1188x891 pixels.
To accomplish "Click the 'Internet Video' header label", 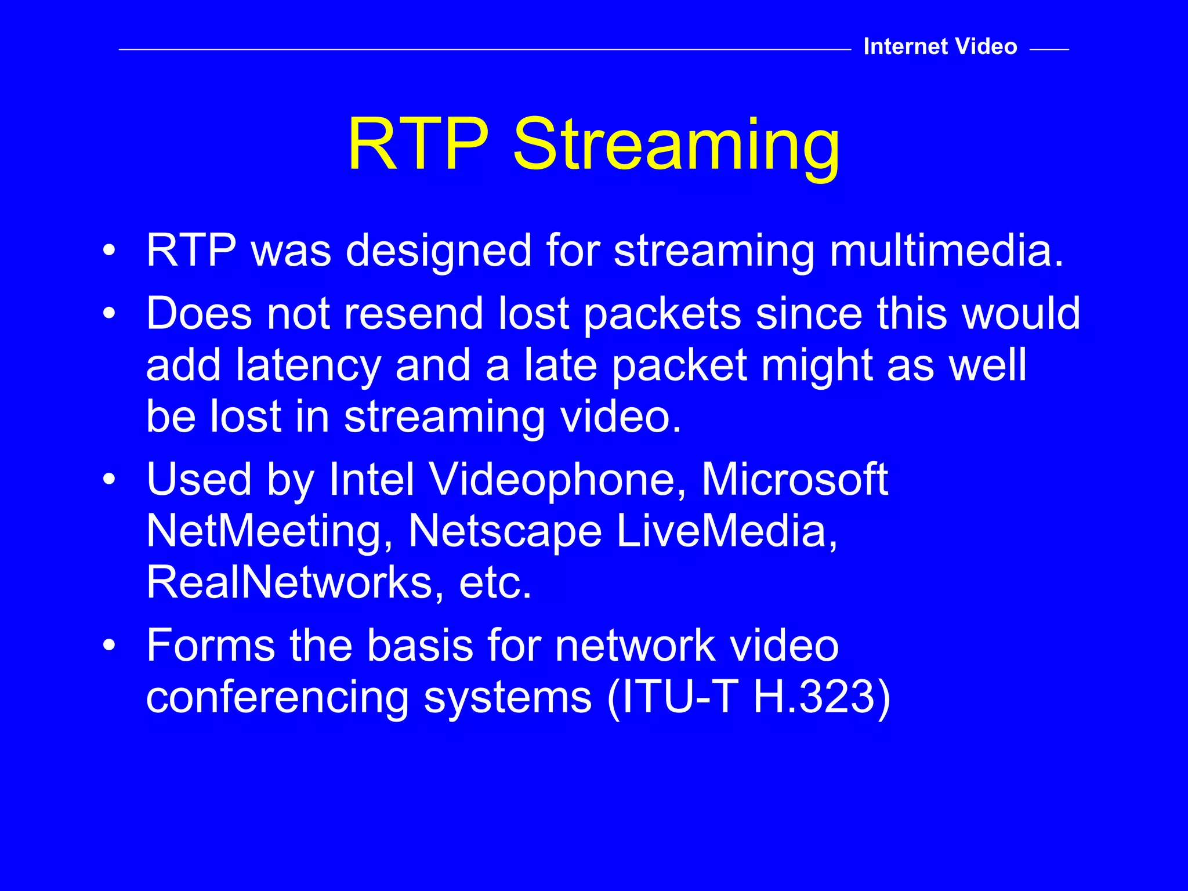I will pos(940,46).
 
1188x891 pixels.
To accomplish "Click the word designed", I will pos(439,252).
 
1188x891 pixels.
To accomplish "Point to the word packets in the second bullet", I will pos(662,314).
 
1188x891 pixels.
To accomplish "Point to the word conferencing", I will pos(277,697).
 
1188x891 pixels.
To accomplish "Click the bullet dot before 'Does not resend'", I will pos(109,314).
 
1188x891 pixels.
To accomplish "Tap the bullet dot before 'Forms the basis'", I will pos(109,646).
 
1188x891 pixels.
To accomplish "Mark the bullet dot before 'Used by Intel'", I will pos(109,480).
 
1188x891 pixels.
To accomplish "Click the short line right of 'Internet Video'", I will pos(1049,50).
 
